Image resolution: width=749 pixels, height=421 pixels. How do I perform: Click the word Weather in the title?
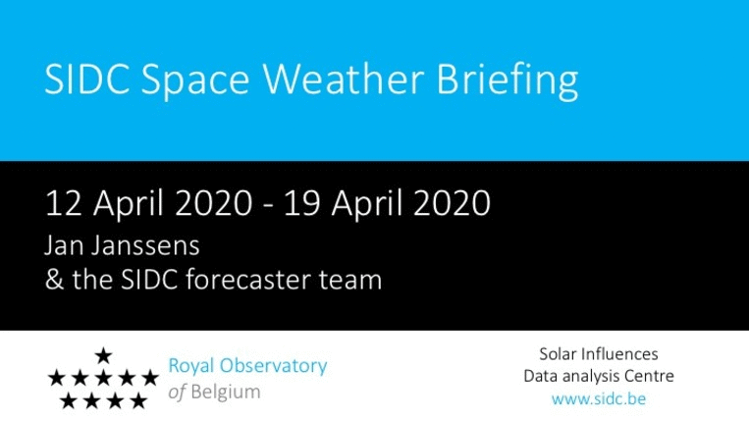point(343,79)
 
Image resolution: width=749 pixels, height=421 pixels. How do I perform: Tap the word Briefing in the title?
point(508,81)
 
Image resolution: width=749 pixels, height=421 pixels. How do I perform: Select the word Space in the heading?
point(195,82)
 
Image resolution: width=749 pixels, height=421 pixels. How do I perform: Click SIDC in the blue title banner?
point(87,79)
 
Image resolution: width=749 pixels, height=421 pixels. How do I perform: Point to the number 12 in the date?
point(63,203)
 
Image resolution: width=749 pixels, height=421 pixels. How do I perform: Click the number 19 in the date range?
point(301,203)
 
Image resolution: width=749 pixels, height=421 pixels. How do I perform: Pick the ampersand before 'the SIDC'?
point(54,280)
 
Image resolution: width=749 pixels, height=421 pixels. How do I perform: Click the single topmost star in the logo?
point(103,355)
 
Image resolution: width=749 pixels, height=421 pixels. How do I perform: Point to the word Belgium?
point(226,393)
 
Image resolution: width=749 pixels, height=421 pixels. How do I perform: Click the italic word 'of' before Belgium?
point(177,393)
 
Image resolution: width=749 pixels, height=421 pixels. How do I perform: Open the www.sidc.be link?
point(599,398)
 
